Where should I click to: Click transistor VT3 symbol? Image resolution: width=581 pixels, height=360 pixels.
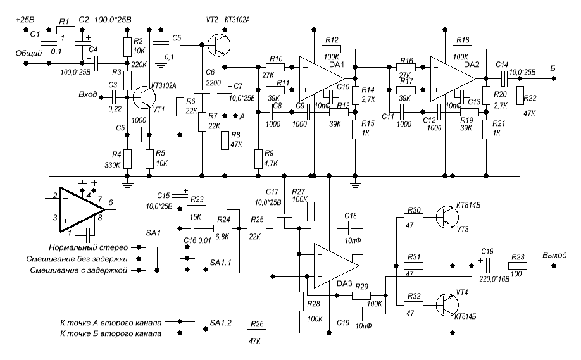pyautogui.click(x=448, y=219)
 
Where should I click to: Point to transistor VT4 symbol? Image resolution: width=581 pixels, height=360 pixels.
pyautogui.click(x=447, y=305)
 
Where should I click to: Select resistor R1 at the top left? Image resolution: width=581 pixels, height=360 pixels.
pyautogui.click(x=63, y=30)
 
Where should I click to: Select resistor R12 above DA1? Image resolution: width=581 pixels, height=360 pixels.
pyautogui.click(x=332, y=48)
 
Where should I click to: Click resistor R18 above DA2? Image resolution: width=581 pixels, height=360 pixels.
pyautogui.click(x=462, y=48)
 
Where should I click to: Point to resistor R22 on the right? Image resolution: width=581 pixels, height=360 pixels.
pyautogui.click(x=519, y=95)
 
